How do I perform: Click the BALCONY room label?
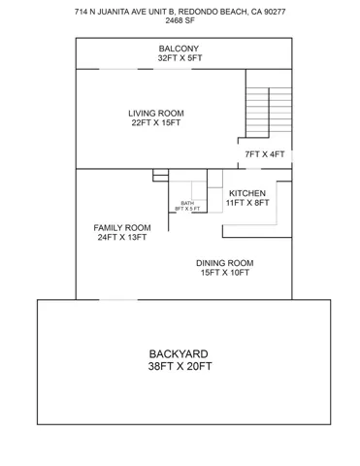pyautogui.click(x=179, y=49)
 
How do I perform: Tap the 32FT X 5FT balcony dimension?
pyautogui.click(x=180, y=58)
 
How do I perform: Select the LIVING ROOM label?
pyautogui.click(x=156, y=114)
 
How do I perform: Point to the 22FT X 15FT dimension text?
pyautogui.click(x=156, y=123)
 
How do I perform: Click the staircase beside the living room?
pyautogui.click(x=269, y=113)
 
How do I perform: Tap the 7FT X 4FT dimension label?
pyautogui.click(x=265, y=154)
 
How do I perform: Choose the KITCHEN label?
pyautogui.click(x=247, y=193)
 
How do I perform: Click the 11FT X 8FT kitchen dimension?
pyautogui.click(x=247, y=203)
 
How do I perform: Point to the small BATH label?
pyautogui.click(x=187, y=203)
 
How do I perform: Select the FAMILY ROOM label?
pyautogui.click(x=122, y=228)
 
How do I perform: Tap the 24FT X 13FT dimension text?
pyautogui.click(x=122, y=237)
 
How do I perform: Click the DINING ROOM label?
pyautogui.click(x=225, y=263)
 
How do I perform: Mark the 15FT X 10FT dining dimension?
pyautogui.click(x=225, y=273)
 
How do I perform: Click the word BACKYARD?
pyautogui.click(x=179, y=353)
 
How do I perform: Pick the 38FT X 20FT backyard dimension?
pyautogui.click(x=180, y=366)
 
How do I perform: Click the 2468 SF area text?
pyautogui.click(x=180, y=20)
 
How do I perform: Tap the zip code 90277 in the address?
pyautogui.click(x=275, y=12)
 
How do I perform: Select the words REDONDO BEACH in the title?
pyautogui.click(x=213, y=12)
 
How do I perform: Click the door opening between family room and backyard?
pyautogui.click(x=118, y=300)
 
